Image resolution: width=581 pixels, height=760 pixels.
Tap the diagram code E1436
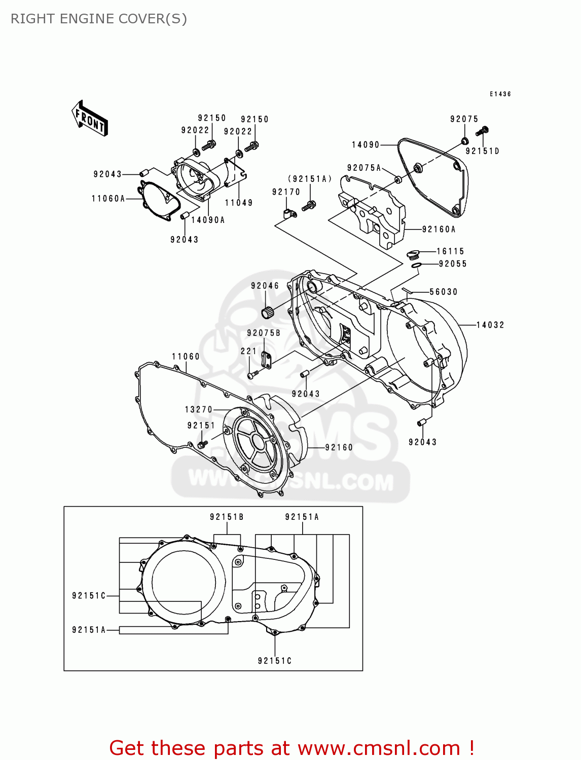point(500,94)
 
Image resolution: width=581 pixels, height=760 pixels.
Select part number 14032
point(490,325)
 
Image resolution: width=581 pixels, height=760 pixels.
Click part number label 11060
point(186,357)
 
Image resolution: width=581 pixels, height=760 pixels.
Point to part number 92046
point(265,286)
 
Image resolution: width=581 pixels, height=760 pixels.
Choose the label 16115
point(450,252)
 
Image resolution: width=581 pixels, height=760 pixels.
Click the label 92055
point(452,264)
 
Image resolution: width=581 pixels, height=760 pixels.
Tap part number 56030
point(444,292)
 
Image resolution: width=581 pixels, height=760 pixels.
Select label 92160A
point(439,230)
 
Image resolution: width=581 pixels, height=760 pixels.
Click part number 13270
point(199,409)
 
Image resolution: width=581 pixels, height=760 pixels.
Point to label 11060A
point(108,199)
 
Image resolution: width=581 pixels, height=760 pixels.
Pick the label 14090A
point(208,220)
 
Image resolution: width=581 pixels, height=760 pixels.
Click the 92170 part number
point(286,192)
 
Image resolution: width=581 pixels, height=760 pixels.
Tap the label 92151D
point(482,151)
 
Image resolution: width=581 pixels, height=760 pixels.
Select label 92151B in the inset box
point(227,517)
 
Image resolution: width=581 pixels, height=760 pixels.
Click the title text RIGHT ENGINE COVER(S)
point(99,19)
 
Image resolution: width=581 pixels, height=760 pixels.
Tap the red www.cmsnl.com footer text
point(291,748)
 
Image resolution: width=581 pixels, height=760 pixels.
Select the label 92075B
point(264,333)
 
